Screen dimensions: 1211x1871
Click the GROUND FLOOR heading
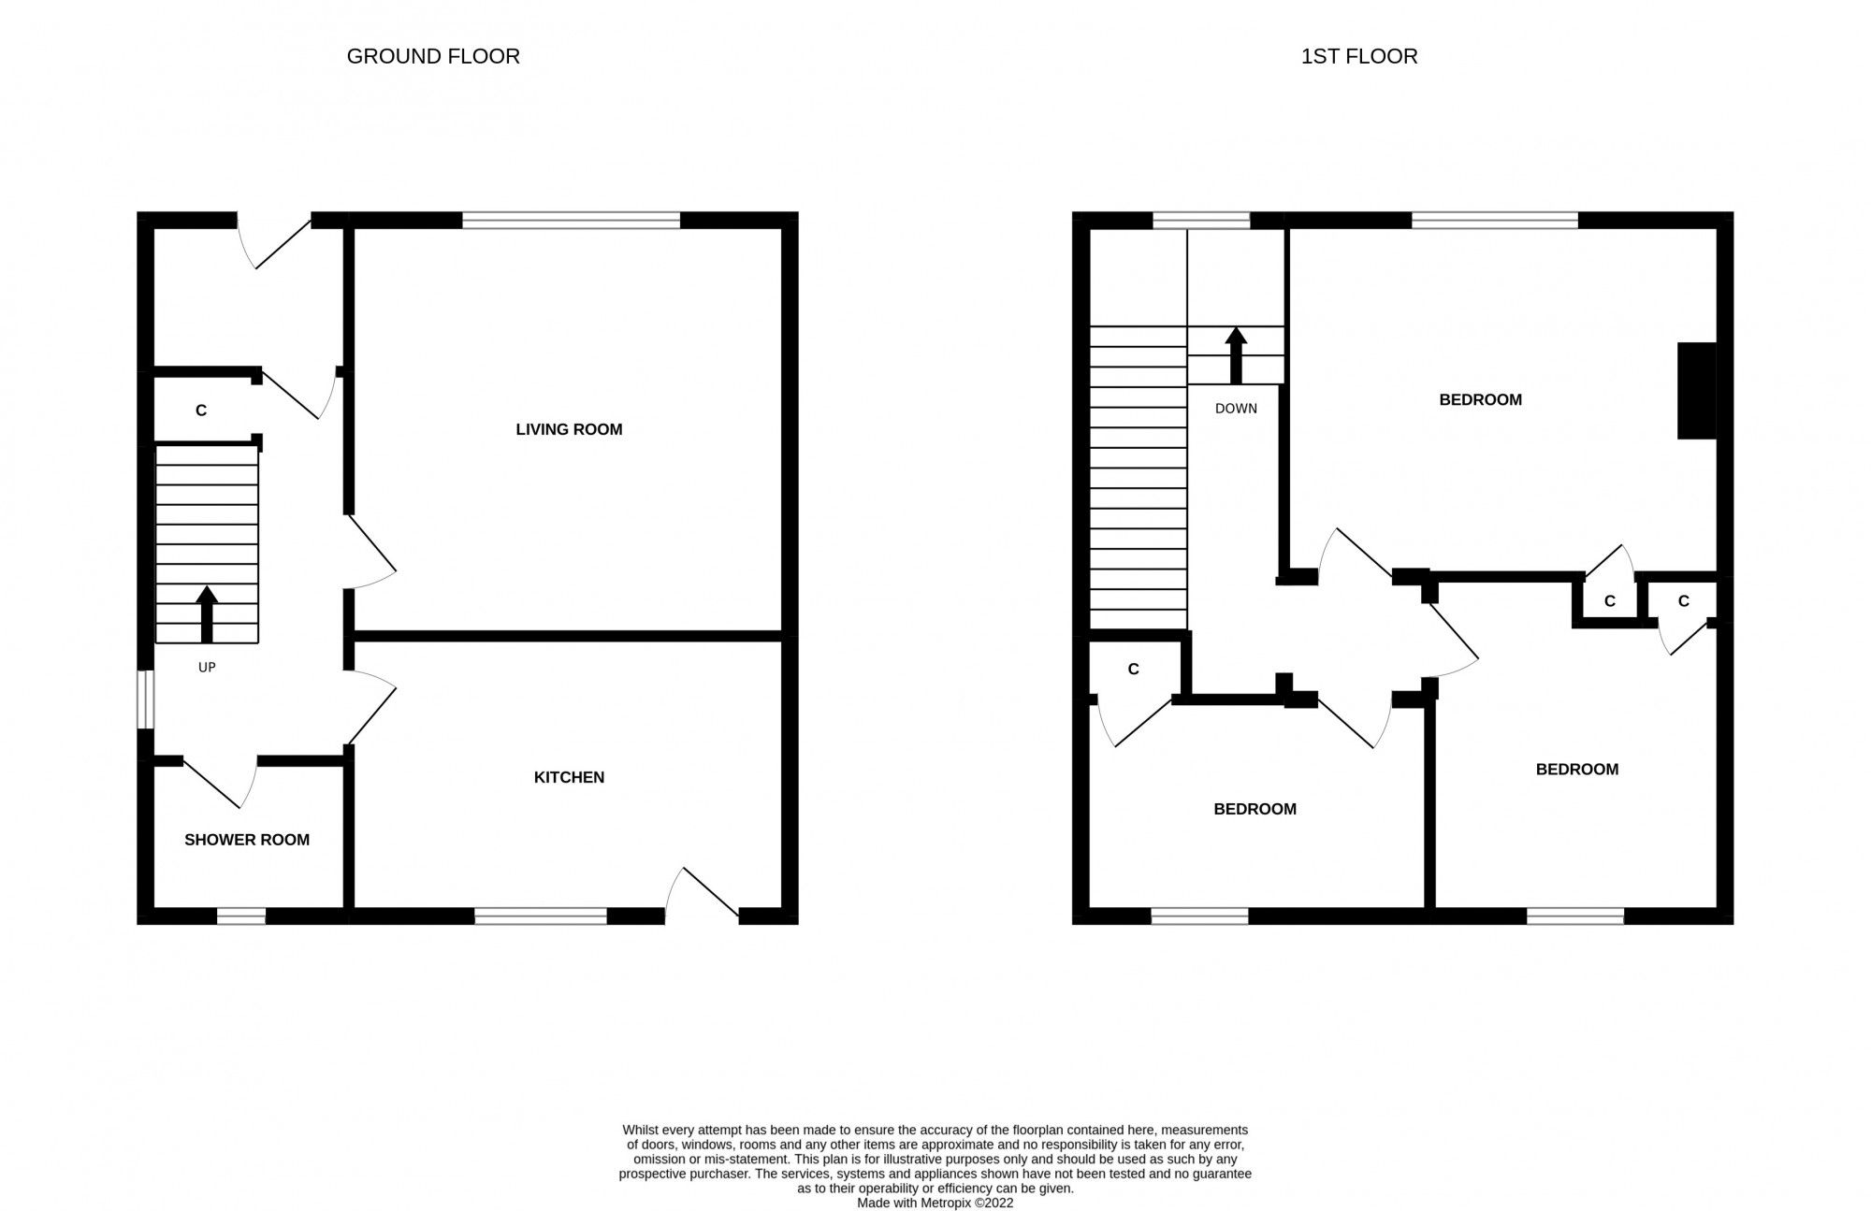pyautogui.click(x=433, y=56)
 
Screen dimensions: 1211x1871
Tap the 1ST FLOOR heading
pyautogui.click(x=1358, y=56)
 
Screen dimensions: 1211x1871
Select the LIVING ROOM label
pyautogui.click(x=569, y=429)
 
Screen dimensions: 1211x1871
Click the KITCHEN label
pyautogui.click(x=569, y=777)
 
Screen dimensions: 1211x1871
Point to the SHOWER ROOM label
pyautogui.click(x=247, y=840)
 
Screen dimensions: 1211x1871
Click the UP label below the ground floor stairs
pyautogui.click(x=207, y=668)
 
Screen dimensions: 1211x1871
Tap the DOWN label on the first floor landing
pyautogui.click(x=1236, y=409)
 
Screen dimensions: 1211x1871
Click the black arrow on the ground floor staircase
pyautogui.click(x=207, y=613)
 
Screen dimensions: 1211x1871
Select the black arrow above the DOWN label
pyautogui.click(x=1236, y=354)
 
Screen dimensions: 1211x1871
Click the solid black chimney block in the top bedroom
pyautogui.click(x=1697, y=390)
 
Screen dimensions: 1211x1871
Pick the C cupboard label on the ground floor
pyautogui.click(x=200, y=411)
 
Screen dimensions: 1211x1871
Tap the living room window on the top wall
pyautogui.click(x=571, y=221)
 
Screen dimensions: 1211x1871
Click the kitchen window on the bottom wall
pyautogui.click(x=541, y=916)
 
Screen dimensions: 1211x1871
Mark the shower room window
pyautogui.click(x=240, y=916)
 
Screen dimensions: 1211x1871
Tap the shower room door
pyautogui.click(x=221, y=782)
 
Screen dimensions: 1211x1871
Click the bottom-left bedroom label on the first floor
pyautogui.click(x=1255, y=809)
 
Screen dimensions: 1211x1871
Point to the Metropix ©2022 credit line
pyautogui.click(x=935, y=1203)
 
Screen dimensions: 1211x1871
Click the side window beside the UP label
pyautogui.click(x=145, y=699)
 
